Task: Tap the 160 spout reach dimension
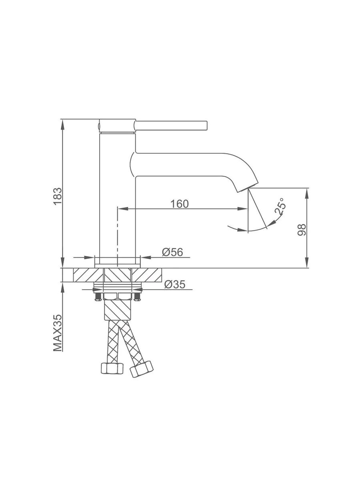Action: coord(179,204)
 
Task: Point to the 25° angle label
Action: coord(280,206)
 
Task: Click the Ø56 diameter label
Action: coord(172,252)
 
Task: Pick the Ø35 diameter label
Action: coord(175,284)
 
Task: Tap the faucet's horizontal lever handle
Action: coord(171,125)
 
